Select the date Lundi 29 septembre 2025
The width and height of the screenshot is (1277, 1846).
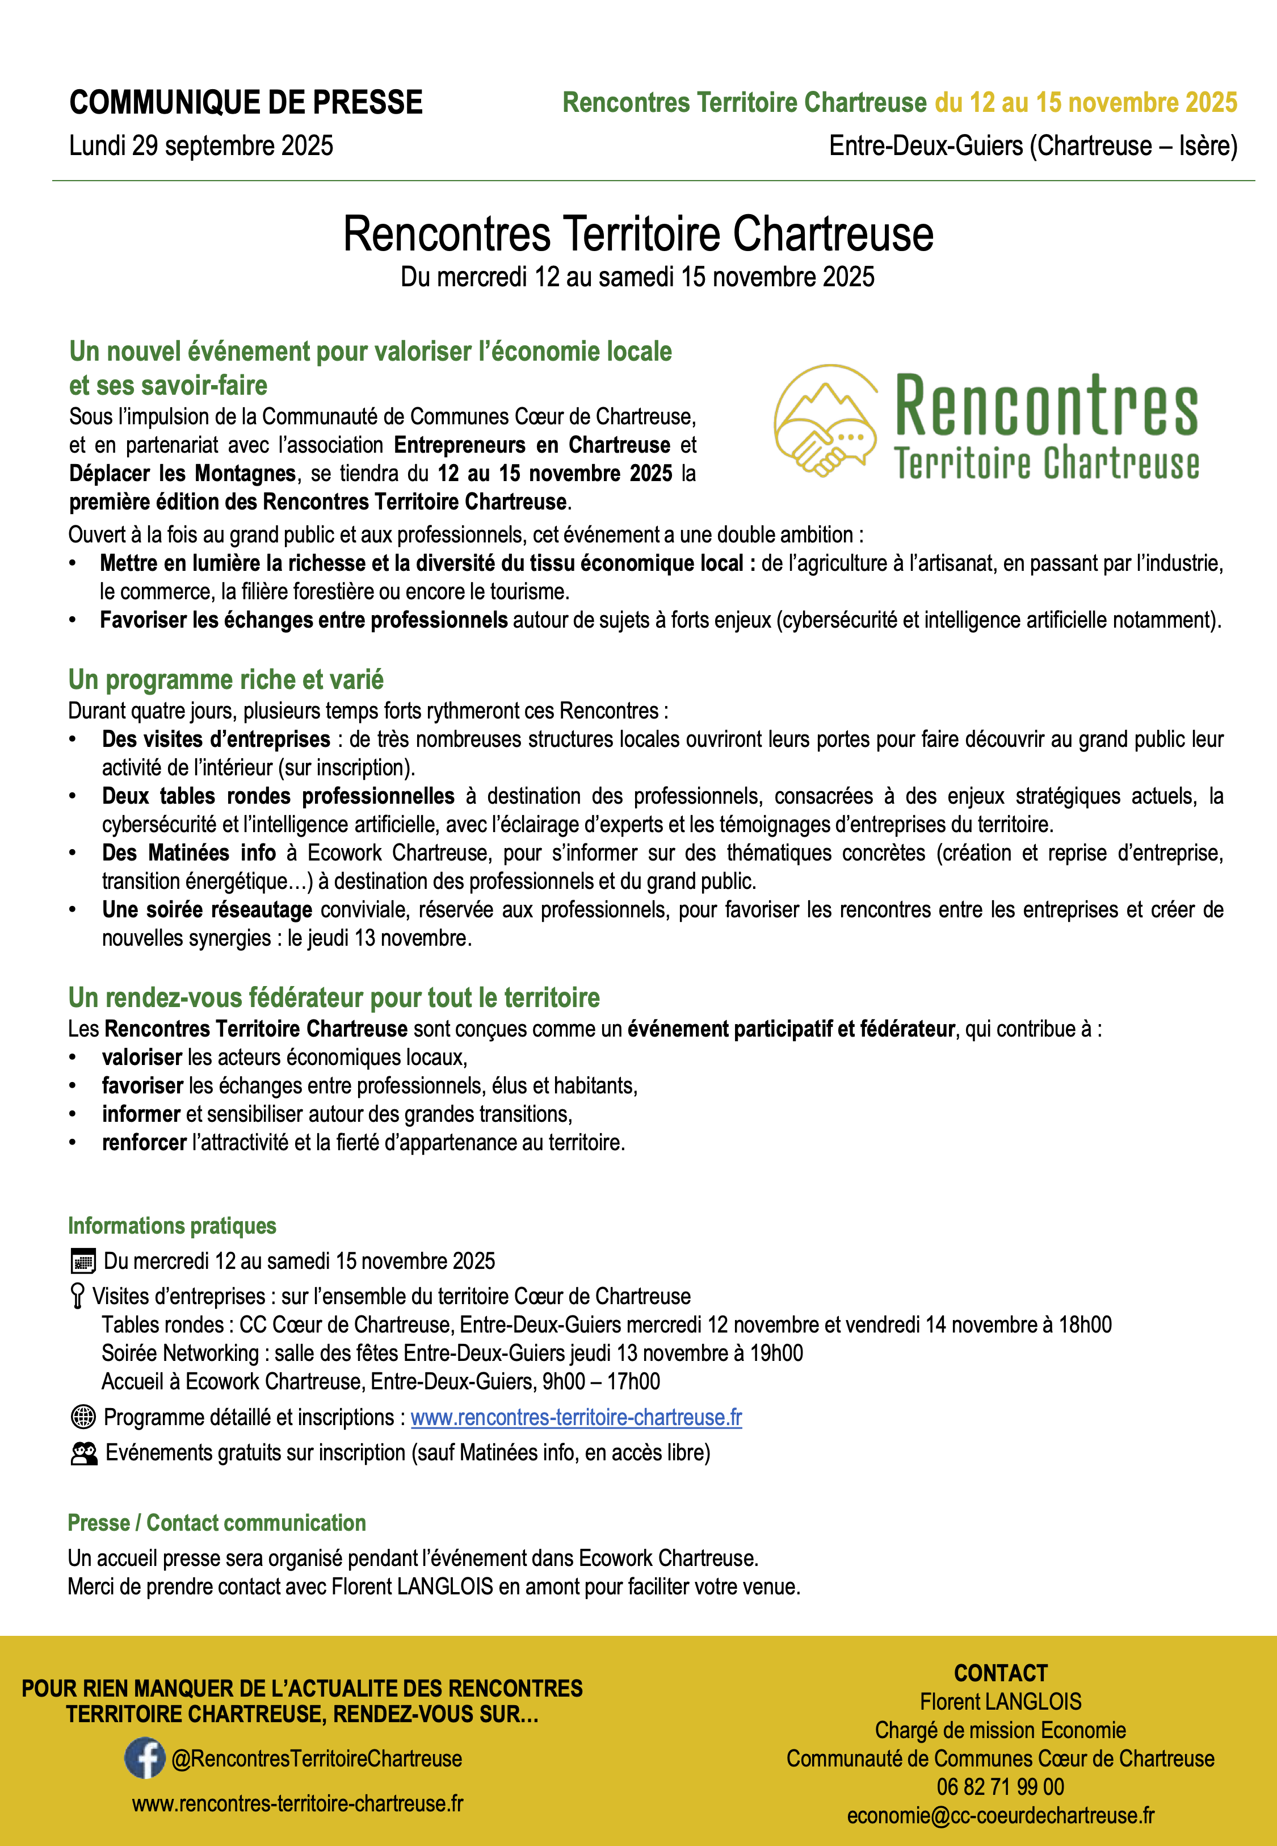click(201, 146)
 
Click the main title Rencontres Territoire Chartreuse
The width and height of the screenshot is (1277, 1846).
click(638, 235)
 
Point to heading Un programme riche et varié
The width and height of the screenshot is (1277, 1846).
click(226, 680)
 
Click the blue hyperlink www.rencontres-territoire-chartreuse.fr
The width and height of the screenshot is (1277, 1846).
click(576, 1418)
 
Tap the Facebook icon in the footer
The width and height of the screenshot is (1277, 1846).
click(145, 1758)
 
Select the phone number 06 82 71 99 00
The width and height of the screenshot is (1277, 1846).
click(1000, 1787)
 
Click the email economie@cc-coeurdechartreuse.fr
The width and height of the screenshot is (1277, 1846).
click(1000, 1815)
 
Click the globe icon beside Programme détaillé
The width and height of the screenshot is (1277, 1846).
click(83, 1417)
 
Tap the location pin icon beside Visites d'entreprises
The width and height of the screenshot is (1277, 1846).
click(78, 1296)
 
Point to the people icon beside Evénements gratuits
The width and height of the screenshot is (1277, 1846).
click(84, 1453)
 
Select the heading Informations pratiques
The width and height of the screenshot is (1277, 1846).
click(172, 1226)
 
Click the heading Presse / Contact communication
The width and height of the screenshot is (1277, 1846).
click(217, 1523)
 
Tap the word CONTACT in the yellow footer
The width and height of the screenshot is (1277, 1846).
click(1000, 1673)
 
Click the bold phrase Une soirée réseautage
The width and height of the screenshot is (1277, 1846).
click(207, 910)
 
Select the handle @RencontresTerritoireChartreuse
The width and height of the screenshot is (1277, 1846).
click(317, 1759)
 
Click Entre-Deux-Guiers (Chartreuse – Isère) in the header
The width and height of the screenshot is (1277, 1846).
click(1033, 146)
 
